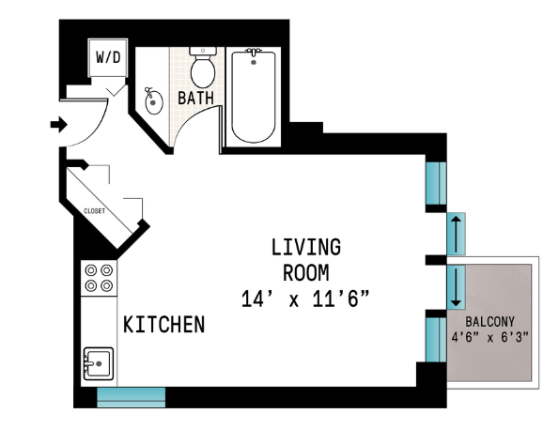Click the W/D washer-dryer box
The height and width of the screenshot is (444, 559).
click(x=108, y=57)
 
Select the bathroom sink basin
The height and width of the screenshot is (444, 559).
click(x=154, y=101)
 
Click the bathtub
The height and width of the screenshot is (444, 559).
click(x=254, y=97)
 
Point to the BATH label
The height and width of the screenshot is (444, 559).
click(x=195, y=98)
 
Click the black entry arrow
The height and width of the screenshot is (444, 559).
click(x=59, y=125)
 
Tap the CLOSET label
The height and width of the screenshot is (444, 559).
click(x=95, y=211)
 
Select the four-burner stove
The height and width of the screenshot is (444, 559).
click(x=99, y=278)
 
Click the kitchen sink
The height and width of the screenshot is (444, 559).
click(x=99, y=364)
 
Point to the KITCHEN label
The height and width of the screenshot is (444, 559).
click(x=164, y=324)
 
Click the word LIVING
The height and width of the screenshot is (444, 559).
click(x=306, y=247)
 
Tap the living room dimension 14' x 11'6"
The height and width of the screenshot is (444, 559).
click(x=304, y=299)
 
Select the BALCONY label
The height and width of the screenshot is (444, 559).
click(x=489, y=322)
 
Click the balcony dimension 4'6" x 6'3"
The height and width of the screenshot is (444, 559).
click(x=489, y=337)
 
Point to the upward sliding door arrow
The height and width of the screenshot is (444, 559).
click(x=456, y=234)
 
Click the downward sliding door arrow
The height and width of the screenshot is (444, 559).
click(x=456, y=286)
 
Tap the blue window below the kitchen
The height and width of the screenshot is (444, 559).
click(x=132, y=398)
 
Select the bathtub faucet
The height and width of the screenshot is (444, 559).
click(x=254, y=52)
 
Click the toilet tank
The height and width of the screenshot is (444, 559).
click(x=203, y=51)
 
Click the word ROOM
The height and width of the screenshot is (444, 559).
click(x=306, y=273)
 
